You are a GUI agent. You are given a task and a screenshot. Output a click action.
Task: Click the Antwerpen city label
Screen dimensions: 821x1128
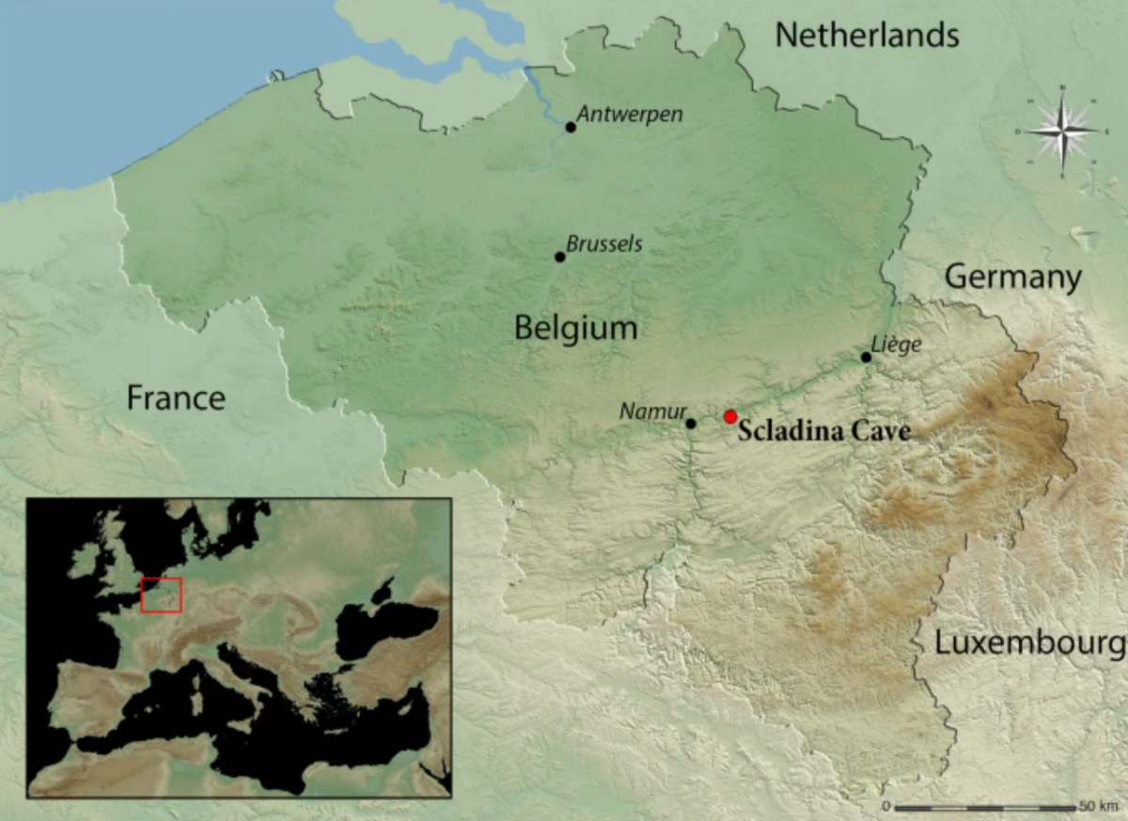[x=629, y=114]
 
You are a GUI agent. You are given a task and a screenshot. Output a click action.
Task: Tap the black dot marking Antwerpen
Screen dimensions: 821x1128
[x=571, y=127]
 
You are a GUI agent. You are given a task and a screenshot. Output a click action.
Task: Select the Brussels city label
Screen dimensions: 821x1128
[x=604, y=244]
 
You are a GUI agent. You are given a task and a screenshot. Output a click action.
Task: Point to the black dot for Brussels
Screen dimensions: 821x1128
[x=560, y=256]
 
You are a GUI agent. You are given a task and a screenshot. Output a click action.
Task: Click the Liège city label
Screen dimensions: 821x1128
[x=897, y=345]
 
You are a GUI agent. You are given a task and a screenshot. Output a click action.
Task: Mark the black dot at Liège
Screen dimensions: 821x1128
[x=867, y=357]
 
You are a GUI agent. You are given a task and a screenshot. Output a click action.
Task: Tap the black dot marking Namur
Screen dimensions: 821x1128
[x=691, y=424]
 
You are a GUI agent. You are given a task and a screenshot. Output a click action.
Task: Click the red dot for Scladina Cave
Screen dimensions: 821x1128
[x=730, y=417]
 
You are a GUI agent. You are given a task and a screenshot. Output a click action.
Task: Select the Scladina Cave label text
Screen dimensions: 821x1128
[x=823, y=432]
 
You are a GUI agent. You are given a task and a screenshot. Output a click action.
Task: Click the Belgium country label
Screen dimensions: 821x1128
[x=575, y=328]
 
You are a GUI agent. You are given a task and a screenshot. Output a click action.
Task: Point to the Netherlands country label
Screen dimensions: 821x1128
[x=867, y=36]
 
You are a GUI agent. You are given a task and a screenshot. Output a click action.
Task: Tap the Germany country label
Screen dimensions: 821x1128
[x=1013, y=277]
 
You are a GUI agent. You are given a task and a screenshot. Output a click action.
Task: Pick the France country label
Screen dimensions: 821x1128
[x=176, y=398]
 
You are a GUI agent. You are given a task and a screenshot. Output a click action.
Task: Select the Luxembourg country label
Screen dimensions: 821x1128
[x=1029, y=643]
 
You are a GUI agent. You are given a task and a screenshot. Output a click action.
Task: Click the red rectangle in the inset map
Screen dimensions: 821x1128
[x=161, y=596]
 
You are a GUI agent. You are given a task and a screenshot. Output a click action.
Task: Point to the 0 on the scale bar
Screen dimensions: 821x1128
[x=885, y=807]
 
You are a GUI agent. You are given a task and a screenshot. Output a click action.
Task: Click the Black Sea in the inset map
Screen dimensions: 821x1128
[x=385, y=625]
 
